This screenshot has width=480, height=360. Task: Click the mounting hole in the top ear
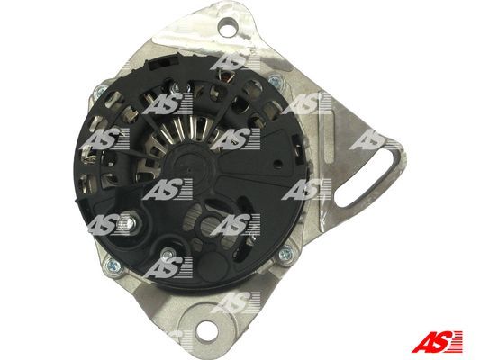click(x=227, y=26)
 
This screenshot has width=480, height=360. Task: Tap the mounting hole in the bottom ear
click(x=206, y=332)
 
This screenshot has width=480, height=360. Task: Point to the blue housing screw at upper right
click(x=275, y=81)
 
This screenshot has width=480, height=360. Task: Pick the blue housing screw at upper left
click(x=100, y=90)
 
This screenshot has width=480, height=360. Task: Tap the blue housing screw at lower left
click(x=111, y=264)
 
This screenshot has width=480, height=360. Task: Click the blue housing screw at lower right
click(x=285, y=253)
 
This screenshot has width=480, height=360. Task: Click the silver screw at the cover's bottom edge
click(x=168, y=254)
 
